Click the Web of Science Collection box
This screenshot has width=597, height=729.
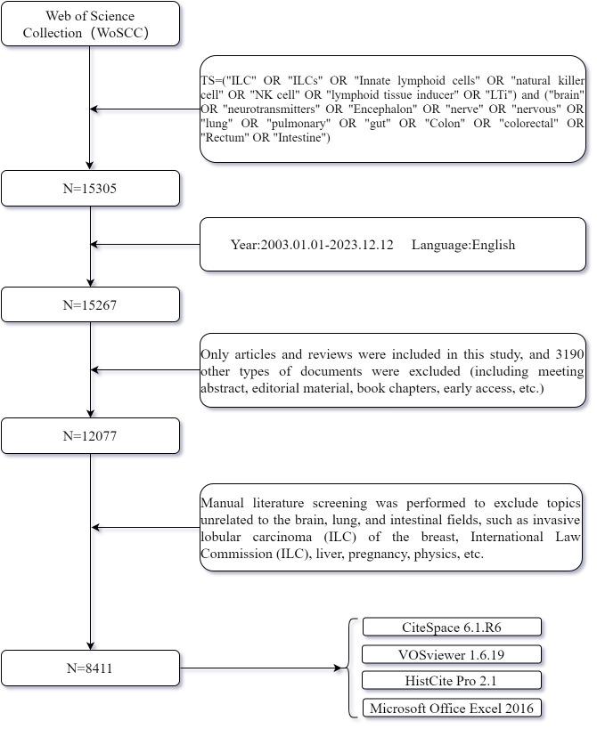(x=90, y=24)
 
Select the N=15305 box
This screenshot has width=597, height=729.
(x=90, y=189)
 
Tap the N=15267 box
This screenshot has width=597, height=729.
(x=90, y=304)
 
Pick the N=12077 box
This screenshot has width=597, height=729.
(x=90, y=436)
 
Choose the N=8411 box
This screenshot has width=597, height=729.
(x=90, y=668)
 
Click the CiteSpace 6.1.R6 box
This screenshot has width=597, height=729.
(x=451, y=628)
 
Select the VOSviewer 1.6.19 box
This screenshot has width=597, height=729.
(x=451, y=654)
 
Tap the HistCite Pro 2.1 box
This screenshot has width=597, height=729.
(x=451, y=681)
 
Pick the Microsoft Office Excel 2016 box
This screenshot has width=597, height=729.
(x=451, y=709)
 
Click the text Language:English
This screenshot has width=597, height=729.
(x=463, y=245)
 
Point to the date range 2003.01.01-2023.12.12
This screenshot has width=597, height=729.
(x=326, y=245)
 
